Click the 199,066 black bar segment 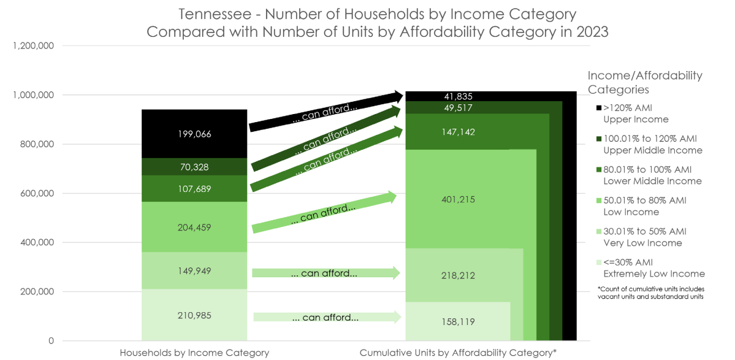(x=194, y=134)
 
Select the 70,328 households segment (x=194, y=167)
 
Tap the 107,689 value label (x=194, y=189)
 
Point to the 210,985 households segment (x=194, y=315)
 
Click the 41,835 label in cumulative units (x=458, y=96)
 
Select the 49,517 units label (x=458, y=108)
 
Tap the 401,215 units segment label (x=458, y=199)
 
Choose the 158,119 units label (x=458, y=321)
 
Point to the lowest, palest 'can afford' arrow (x=326, y=317)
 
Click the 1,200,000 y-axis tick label (x=32, y=46)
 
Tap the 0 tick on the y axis (x=51, y=341)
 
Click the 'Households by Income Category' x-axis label (x=194, y=353)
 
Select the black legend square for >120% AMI (x=598, y=108)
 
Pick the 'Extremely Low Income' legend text (x=653, y=274)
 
